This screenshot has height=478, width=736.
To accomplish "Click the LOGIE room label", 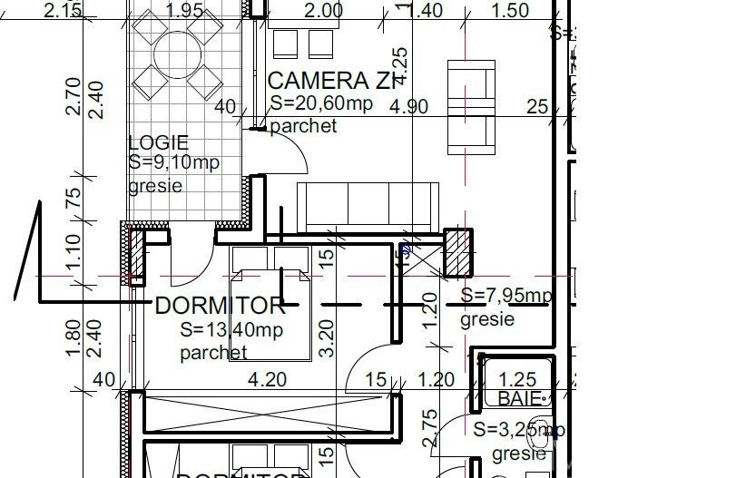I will click(x=159, y=142).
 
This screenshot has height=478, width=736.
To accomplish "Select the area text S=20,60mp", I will click(x=321, y=103).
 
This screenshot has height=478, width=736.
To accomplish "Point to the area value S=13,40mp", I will click(x=231, y=329).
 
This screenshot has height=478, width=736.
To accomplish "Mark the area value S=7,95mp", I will click(x=505, y=296).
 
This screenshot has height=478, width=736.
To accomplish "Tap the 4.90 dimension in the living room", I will click(x=408, y=106).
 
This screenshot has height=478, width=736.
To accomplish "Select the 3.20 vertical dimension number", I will click(x=329, y=335).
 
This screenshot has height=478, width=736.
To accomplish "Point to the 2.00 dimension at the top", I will click(x=323, y=11).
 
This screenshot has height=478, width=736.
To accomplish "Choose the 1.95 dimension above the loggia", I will click(x=184, y=11).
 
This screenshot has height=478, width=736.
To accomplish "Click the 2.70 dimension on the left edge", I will click(x=74, y=97).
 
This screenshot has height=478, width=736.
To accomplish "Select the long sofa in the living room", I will click(x=368, y=208).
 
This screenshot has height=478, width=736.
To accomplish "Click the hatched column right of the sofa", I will click(x=458, y=252).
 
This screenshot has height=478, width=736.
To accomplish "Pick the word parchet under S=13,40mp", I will click(x=213, y=352).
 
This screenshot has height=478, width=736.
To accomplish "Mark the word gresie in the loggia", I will click(x=155, y=185).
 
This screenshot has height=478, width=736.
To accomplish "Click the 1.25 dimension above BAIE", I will click(x=518, y=380).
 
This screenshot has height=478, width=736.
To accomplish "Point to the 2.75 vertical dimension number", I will click(x=430, y=426).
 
